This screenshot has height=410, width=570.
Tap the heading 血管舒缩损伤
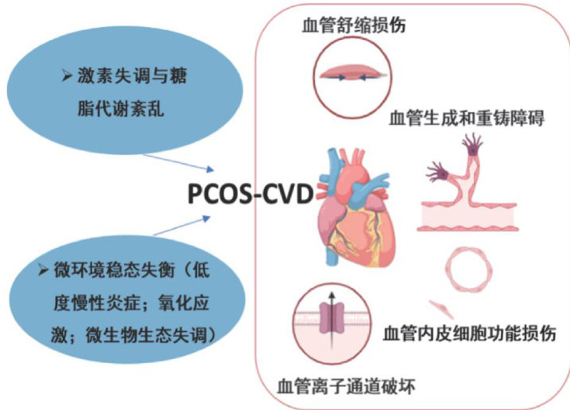click(355, 23)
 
